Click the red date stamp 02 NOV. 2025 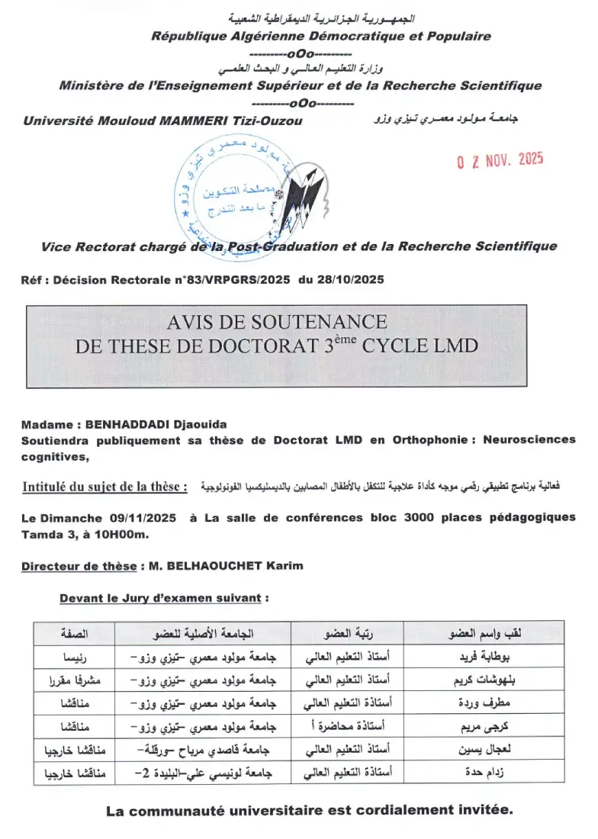click(499, 161)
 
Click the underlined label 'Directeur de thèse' click(79, 566)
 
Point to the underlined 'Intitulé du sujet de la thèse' click(104, 486)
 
